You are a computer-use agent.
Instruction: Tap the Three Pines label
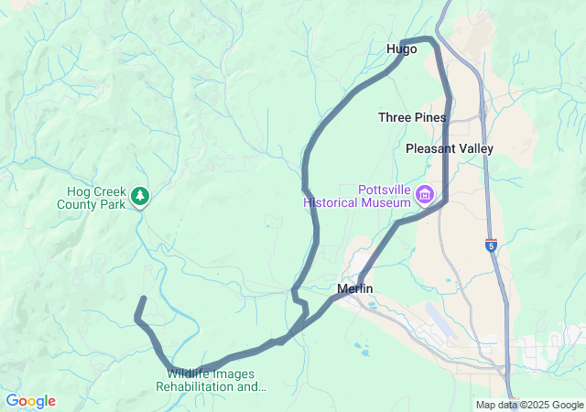point(412,117)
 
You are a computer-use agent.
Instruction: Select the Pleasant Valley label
point(449,148)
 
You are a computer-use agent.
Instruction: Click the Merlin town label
point(355,289)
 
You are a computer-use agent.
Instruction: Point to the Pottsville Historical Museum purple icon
point(424,194)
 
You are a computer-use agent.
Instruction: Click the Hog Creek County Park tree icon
point(139,196)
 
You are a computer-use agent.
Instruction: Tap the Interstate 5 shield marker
point(492,244)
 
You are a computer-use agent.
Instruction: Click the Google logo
point(30,401)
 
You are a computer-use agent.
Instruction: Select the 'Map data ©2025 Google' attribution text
point(529,405)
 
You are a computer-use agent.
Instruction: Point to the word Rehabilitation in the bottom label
point(196,386)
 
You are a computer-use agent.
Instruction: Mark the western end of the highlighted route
point(144,298)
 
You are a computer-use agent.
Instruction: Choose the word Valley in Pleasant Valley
point(474,148)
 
